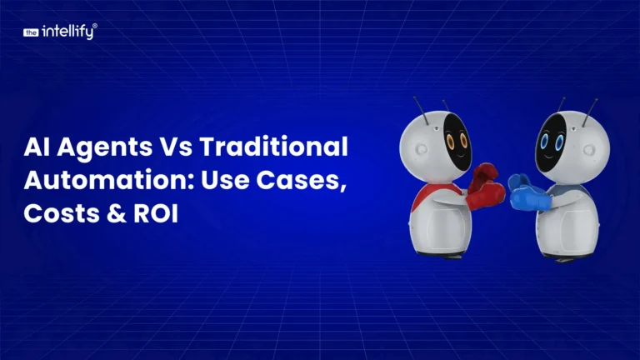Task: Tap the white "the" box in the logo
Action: (32, 33)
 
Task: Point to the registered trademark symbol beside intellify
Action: (96, 27)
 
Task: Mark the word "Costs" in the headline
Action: (55, 212)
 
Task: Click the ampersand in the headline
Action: (107, 212)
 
